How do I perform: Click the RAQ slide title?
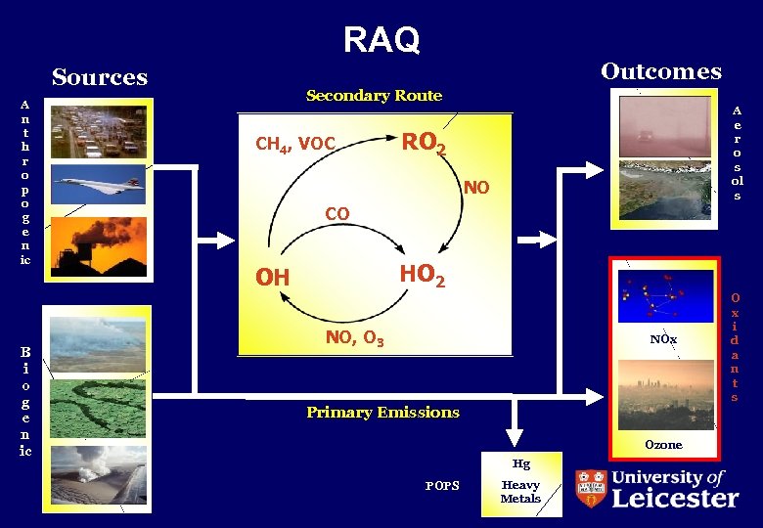click(x=381, y=40)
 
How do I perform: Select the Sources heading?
click(x=100, y=77)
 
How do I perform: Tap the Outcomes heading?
click(x=660, y=71)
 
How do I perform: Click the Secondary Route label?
click(x=374, y=96)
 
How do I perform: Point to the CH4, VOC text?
click(x=295, y=145)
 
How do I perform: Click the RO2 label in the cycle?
click(x=425, y=144)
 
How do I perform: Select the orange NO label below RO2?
click(x=476, y=187)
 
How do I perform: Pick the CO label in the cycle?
click(x=337, y=213)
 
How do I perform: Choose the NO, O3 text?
click(x=354, y=339)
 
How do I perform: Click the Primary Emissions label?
click(x=382, y=413)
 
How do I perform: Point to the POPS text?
click(x=442, y=486)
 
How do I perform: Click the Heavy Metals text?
click(x=520, y=492)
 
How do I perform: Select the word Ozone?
click(x=663, y=445)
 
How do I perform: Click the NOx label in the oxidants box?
click(x=663, y=339)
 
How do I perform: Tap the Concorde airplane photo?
click(x=98, y=183)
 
